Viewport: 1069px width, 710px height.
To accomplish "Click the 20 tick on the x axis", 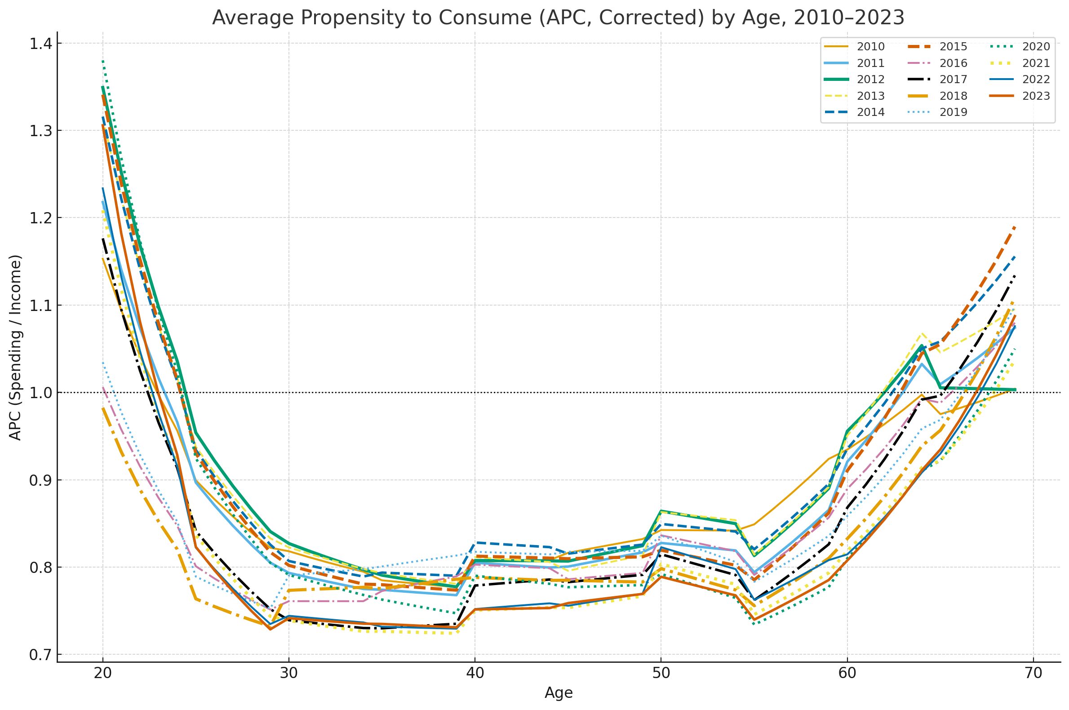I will (x=103, y=673).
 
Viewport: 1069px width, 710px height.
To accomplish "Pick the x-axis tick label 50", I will (x=661, y=673).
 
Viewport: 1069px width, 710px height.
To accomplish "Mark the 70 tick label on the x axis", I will (x=1033, y=673).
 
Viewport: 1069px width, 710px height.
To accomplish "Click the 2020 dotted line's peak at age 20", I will (x=103, y=61).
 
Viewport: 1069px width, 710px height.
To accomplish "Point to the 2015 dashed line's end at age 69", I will (x=1015, y=227).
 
